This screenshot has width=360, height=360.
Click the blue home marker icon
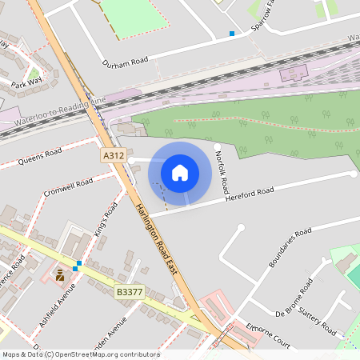(180, 172)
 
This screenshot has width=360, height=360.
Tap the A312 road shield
(114, 157)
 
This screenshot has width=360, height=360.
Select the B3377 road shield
(128, 294)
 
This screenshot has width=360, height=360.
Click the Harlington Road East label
(155, 240)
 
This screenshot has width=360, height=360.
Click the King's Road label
(106, 216)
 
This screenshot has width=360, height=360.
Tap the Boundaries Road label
(290, 248)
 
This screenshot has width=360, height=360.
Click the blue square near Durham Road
(232, 34)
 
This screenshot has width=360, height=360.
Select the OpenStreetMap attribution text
(81, 354)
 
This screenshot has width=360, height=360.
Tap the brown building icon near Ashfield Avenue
(60, 275)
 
